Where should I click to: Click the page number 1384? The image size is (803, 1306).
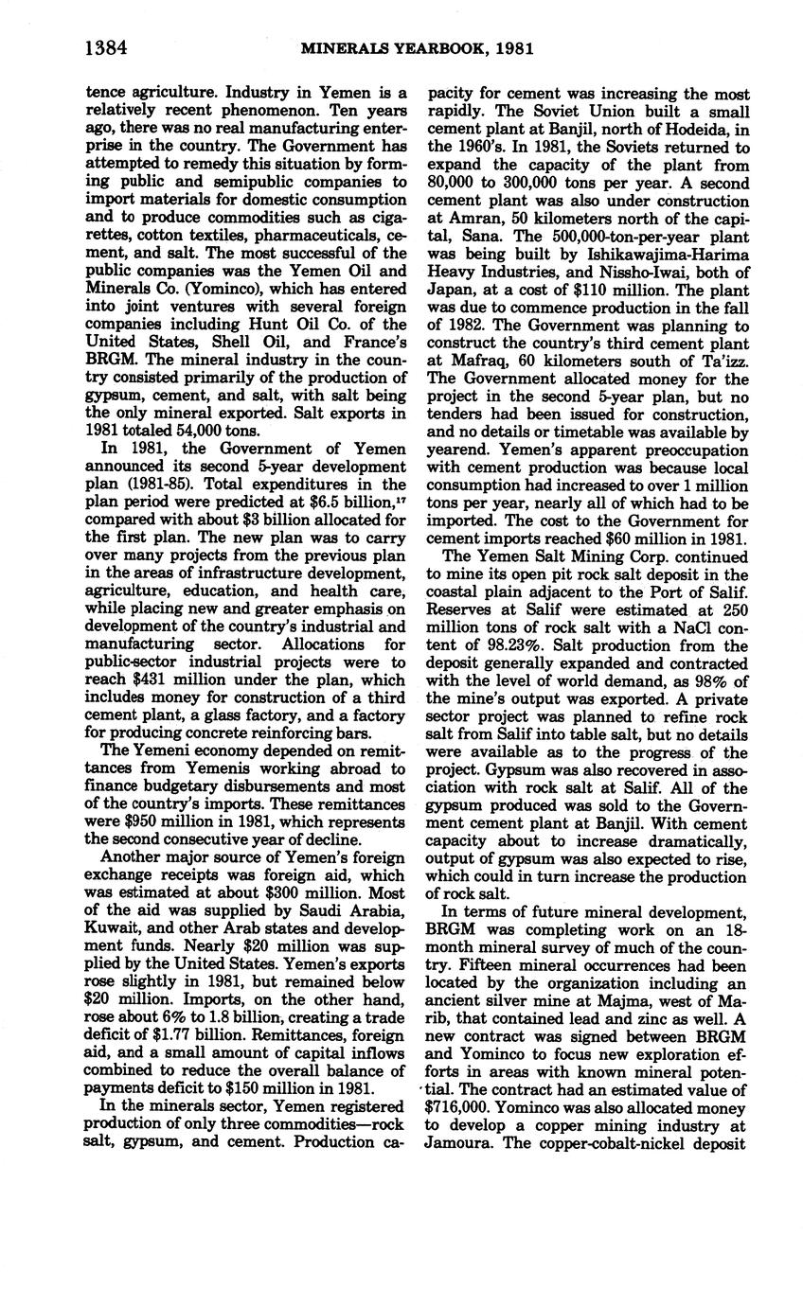click(x=105, y=46)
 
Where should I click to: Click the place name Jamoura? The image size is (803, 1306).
click(x=460, y=1144)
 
